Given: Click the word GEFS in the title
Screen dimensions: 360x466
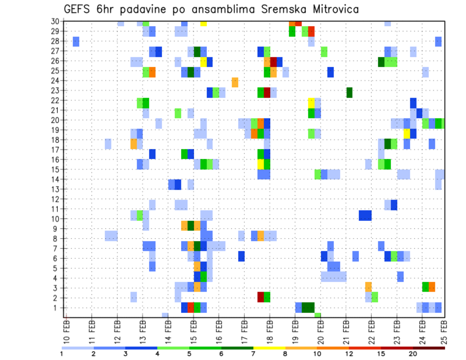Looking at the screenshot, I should [79, 9].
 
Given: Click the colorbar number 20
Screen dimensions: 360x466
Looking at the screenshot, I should [413, 353].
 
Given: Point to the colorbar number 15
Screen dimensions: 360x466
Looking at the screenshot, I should [381, 353].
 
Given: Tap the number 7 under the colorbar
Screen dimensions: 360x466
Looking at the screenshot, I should [253, 353].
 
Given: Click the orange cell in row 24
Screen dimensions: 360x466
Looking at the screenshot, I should [235, 82].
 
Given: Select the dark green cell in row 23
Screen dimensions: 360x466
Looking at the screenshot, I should [349, 92].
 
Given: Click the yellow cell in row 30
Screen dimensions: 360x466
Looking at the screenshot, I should [203, 23].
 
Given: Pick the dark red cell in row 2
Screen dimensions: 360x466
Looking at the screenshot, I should [261, 297].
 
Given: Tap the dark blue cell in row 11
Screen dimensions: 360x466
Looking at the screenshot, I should [394, 205].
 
